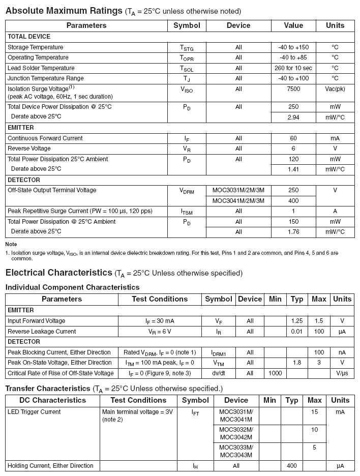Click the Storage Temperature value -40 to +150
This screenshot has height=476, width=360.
click(x=293, y=47)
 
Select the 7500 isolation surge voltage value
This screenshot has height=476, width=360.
click(x=293, y=89)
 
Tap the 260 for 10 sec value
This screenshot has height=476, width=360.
click(x=293, y=68)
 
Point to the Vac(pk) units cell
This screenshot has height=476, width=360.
click(x=335, y=89)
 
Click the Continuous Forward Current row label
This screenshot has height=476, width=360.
click(x=45, y=138)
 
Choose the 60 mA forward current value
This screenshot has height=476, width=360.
click(x=293, y=138)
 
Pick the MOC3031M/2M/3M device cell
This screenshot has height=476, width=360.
click(x=238, y=190)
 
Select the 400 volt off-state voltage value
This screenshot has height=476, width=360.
click(x=293, y=201)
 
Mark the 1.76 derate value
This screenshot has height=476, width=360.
click(x=293, y=232)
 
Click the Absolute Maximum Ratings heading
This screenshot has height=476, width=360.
click(x=64, y=10)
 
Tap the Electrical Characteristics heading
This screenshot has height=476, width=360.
click(x=58, y=273)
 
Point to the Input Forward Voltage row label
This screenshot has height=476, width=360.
click(x=36, y=321)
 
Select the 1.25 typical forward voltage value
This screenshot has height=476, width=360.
click(x=297, y=321)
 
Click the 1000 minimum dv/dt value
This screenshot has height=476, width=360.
click(x=275, y=373)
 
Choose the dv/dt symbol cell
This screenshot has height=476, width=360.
click(x=218, y=373)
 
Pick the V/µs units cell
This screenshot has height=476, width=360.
click(x=342, y=373)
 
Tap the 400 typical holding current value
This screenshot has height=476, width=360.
click(x=292, y=466)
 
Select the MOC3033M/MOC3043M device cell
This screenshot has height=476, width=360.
click(x=236, y=451)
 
